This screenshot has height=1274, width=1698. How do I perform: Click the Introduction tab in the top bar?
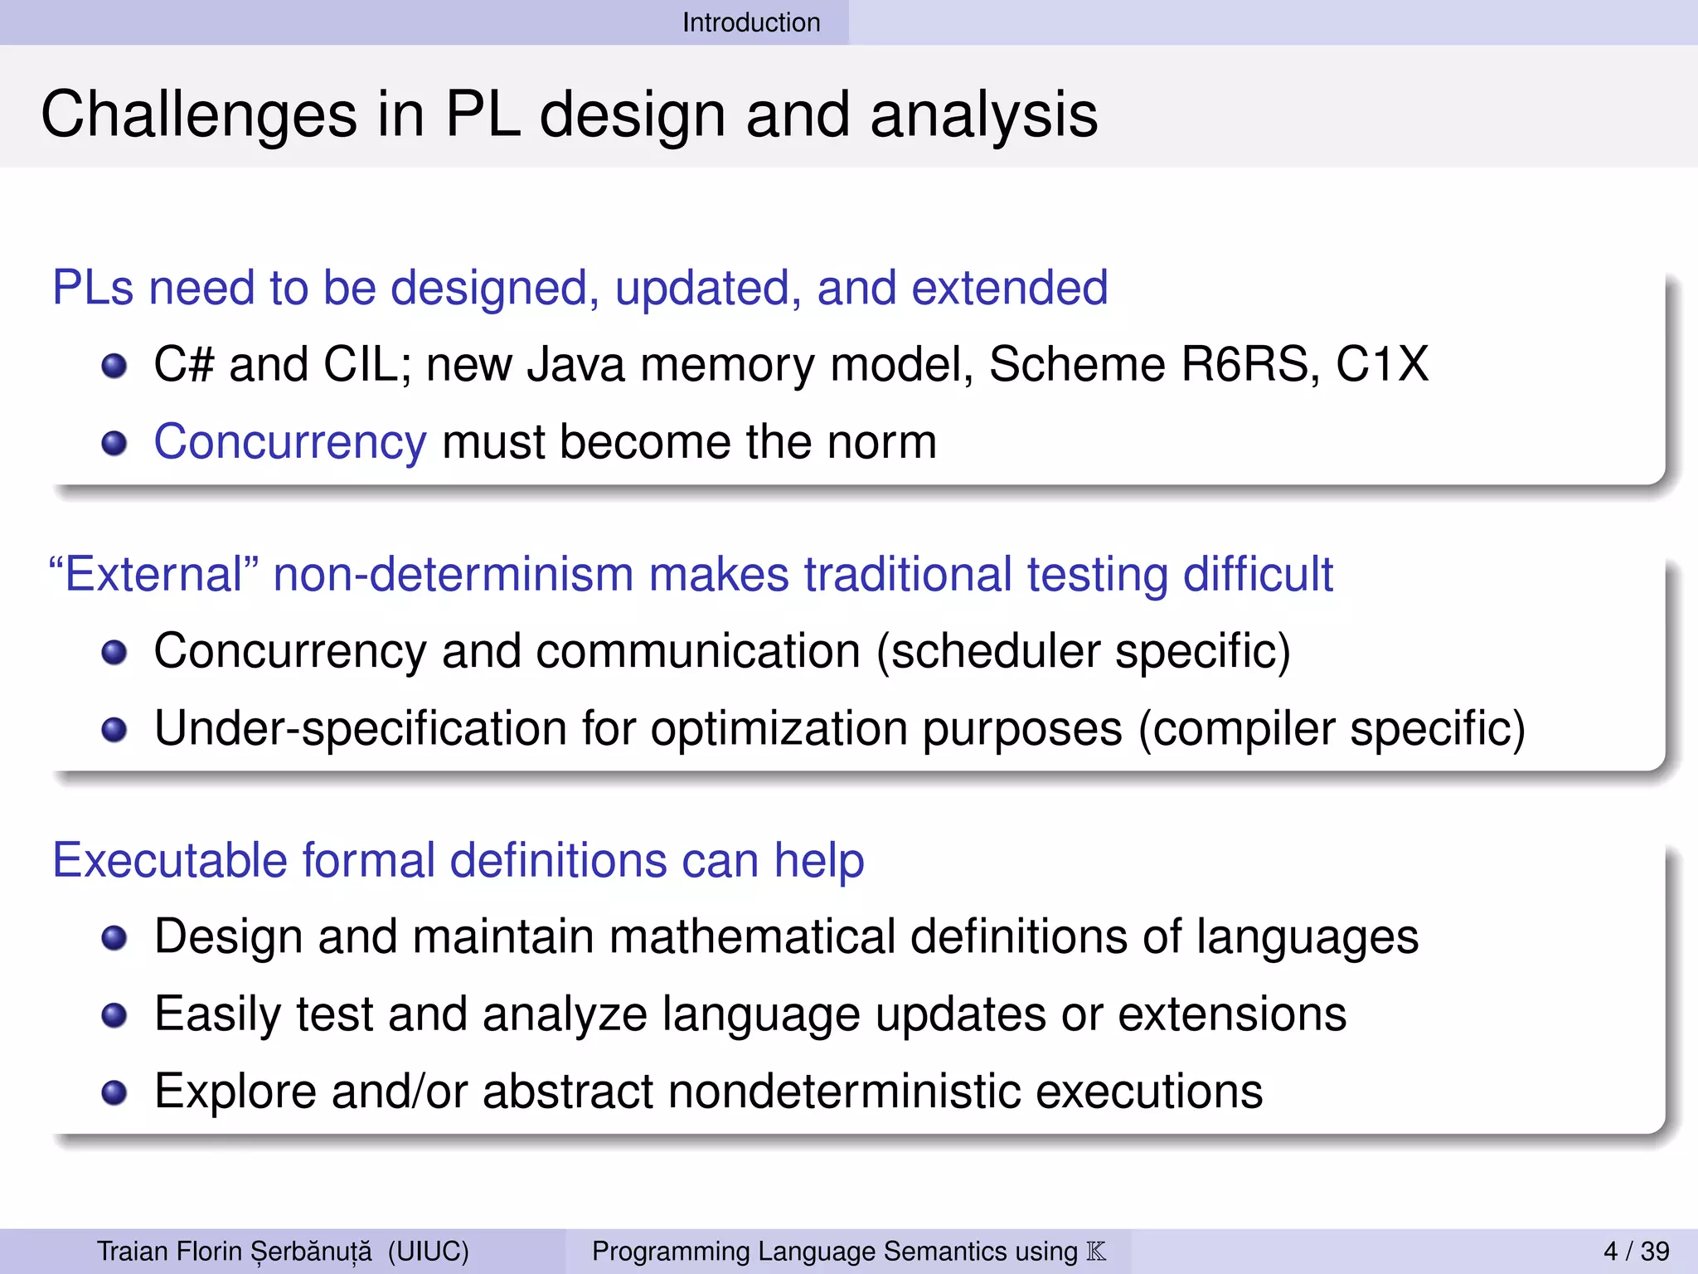[x=751, y=22]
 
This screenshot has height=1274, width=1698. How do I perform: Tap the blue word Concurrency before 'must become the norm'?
[x=290, y=441]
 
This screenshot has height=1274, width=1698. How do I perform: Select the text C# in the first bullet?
[x=184, y=364]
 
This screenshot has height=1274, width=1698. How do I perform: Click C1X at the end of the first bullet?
[x=1382, y=364]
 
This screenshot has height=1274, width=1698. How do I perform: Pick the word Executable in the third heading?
[x=169, y=859]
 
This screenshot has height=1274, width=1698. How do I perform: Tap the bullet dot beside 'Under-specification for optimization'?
[x=114, y=730]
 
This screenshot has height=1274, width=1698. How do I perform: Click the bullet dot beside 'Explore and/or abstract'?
[x=114, y=1092]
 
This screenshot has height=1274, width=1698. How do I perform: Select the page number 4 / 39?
[x=1636, y=1251]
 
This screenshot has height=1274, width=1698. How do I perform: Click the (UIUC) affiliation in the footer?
[x=428, y=1251]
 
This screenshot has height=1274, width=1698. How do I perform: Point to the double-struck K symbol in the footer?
[x=1096, y=1251]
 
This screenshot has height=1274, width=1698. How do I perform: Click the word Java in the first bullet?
[x=575, y=364]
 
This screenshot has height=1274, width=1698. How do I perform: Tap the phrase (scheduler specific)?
[x=1084, y=651]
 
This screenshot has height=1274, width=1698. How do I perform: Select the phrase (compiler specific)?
[x=1332, y=728]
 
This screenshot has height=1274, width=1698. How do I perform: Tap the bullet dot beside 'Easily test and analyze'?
[x=114, y=1015]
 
